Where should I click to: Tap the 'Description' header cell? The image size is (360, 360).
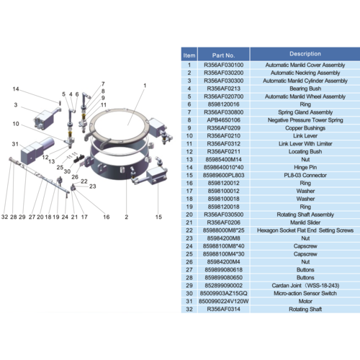coord(305,54)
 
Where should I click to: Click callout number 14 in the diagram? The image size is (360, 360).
coord(14,89)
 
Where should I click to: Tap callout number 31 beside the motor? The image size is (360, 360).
coord(14,145)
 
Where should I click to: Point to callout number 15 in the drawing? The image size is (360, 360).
coord(159,216)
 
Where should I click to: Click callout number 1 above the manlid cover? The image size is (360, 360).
coord(145,86)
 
